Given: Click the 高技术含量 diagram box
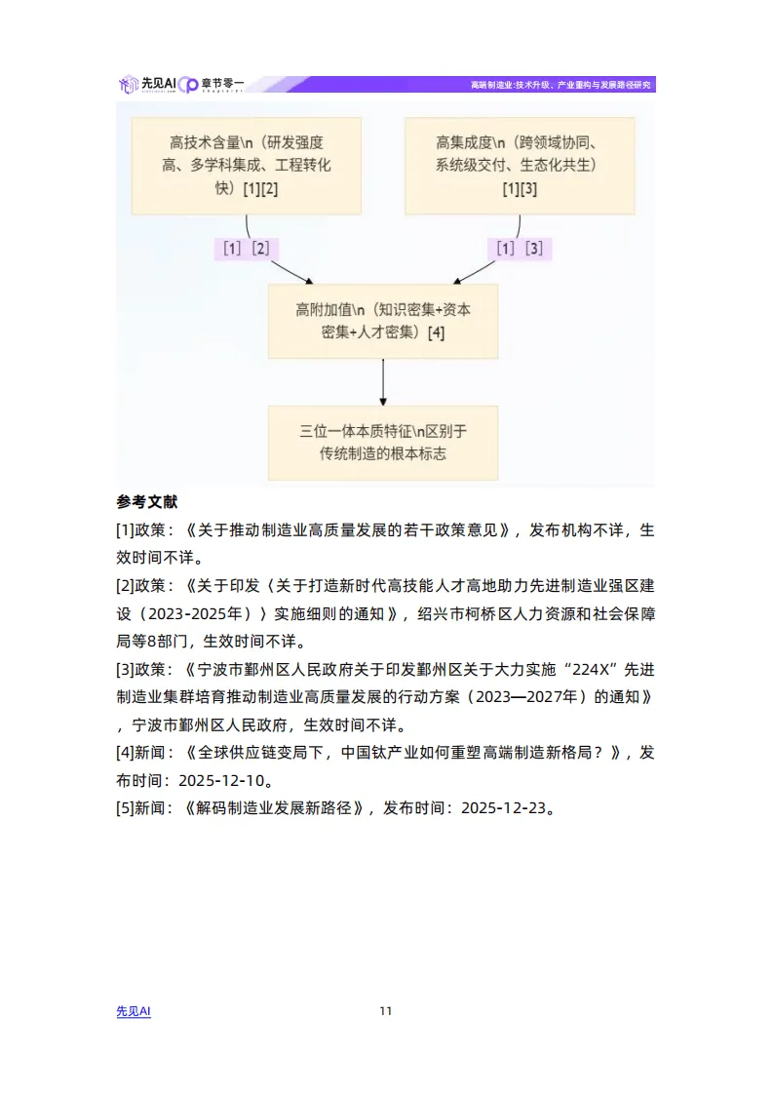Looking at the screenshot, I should tap(246, 166).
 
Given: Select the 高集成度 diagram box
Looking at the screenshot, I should tap(519, 166).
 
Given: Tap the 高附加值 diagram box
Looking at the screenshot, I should tap(382, 321).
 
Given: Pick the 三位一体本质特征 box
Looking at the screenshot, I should tap(382, 442).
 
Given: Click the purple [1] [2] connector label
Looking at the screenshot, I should tap(246, 249).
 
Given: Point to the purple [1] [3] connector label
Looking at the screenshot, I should tap(519, 249).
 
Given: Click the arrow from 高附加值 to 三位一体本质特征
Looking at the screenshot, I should tap(382, 381).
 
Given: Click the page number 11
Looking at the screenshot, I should tap(386, 1011).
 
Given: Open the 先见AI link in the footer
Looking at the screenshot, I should tap(134, 1011).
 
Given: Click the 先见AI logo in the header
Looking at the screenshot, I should tap(146, 85).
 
